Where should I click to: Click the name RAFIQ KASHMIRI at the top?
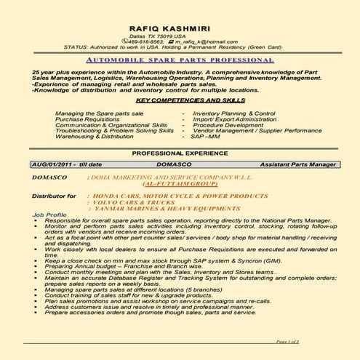179,27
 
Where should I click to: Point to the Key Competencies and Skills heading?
180,99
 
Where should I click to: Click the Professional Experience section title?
179,155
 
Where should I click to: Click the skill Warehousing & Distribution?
94,135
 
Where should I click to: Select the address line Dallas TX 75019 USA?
179,36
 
